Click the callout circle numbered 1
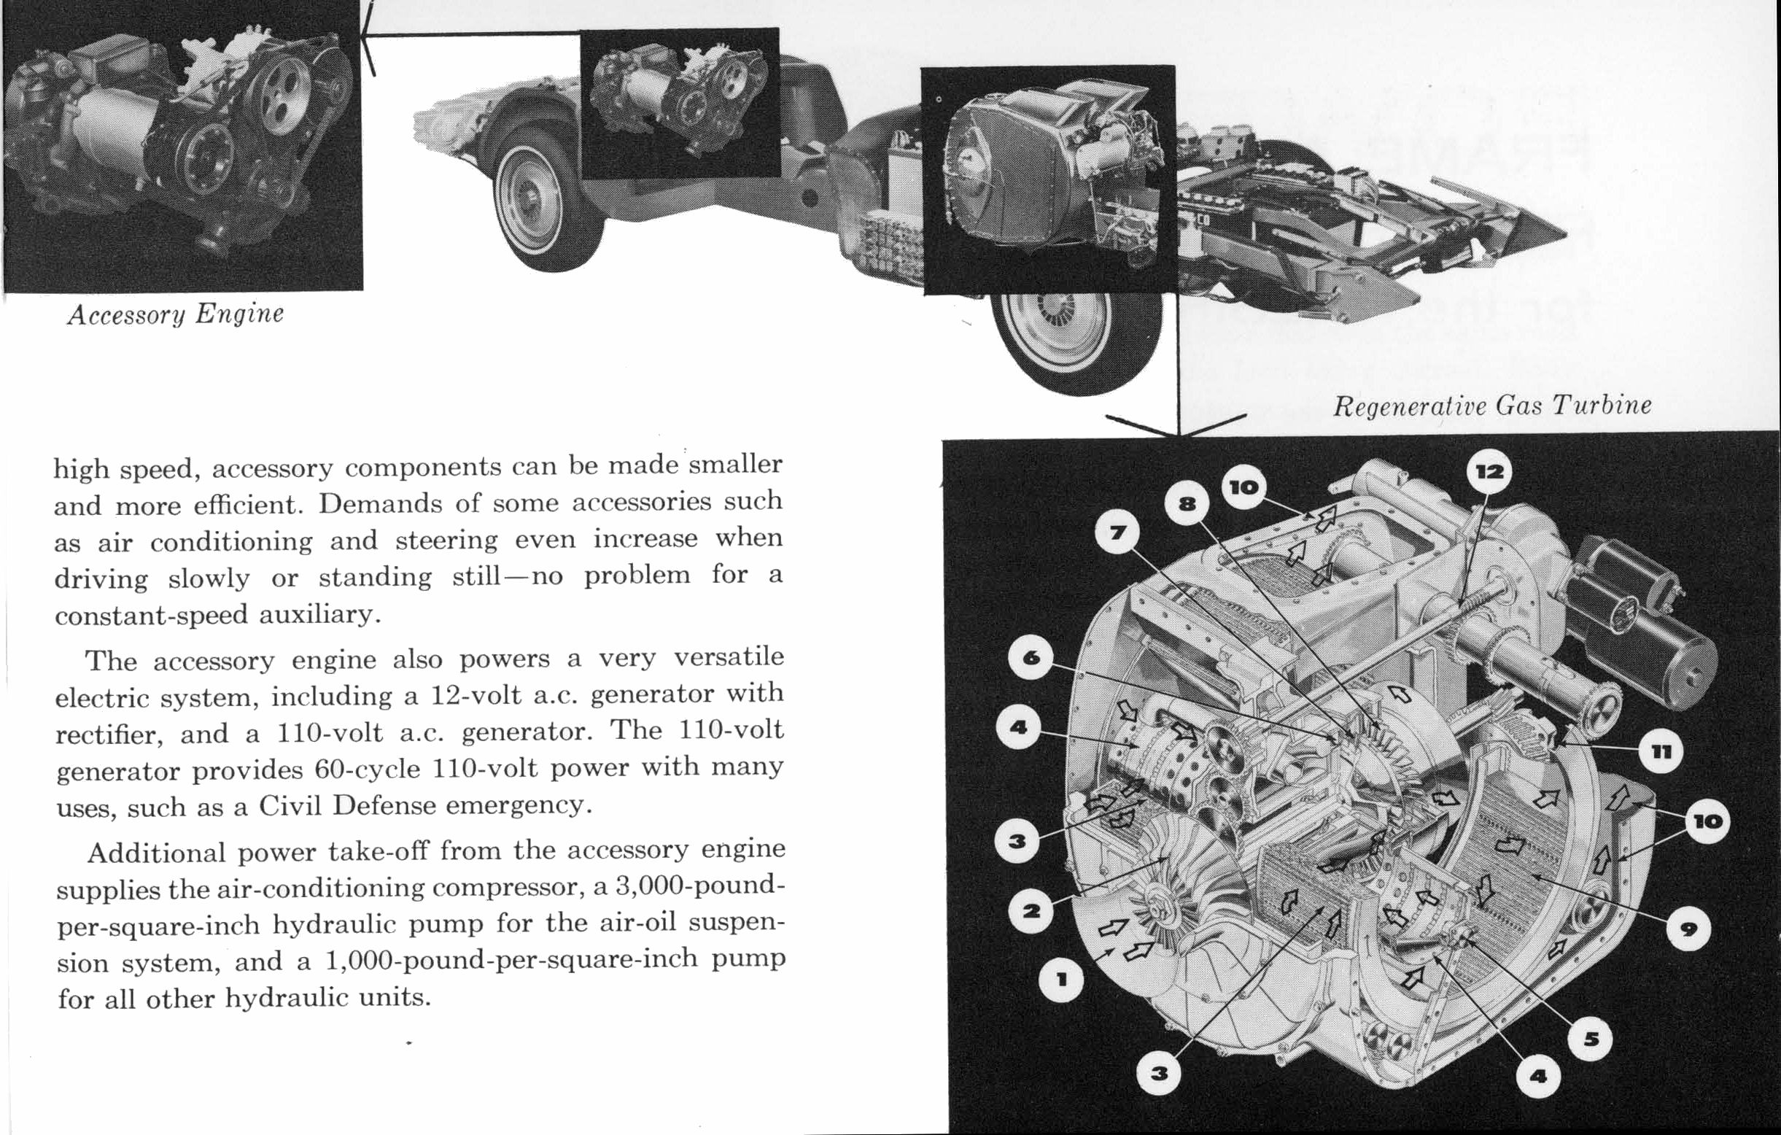click(x=1061, y=980)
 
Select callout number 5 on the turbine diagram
click(x=1591, y=1039)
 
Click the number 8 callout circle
click(x=1187, y=504)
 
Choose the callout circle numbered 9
click(x=1688, y=929)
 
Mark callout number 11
click(x=1661, y=752)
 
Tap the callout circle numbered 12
click(x=1489, y=471)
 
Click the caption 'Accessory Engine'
click(x=175, y=314)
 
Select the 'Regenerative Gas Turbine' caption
click(x=1491, y=406)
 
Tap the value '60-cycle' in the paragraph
click(x=365, y=769)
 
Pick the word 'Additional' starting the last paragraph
click(x=156, y=853)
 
